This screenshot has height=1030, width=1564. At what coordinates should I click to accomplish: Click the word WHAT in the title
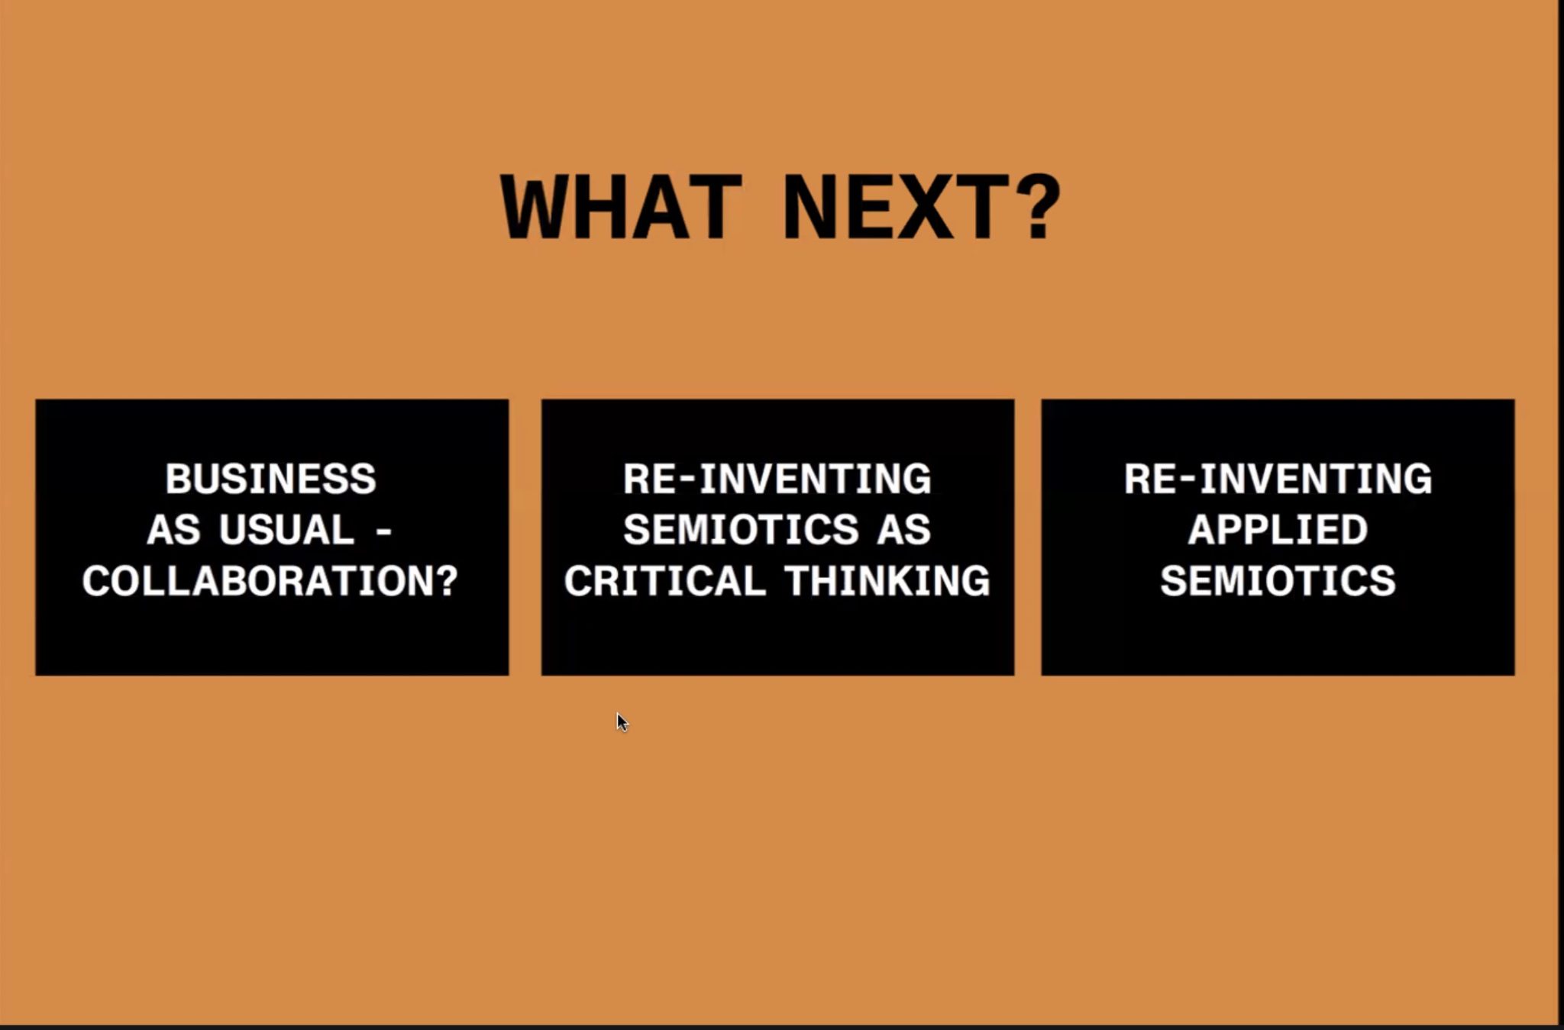pyautogui.click(x=621, y=207)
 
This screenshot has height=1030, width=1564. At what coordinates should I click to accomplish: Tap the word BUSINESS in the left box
pyautogui.click(x=271, y=479)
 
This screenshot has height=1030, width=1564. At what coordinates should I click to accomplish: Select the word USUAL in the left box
pyautogui.click(x=287, y=530)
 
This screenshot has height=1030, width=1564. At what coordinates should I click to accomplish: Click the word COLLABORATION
pyautogui.click(x=260, y=581)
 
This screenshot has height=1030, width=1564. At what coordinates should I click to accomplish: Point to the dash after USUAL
pyautogui.click(x=384, y=531)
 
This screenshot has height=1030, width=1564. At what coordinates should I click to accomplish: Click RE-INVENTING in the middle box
pyautogui.click(x=777, y=479)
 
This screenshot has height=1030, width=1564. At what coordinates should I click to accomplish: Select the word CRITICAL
pyautogui.click(x=664, y=581)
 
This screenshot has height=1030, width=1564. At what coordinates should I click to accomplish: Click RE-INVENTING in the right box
pyautogui.click(x=1278, y=479)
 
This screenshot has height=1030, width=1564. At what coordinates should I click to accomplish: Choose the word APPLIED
pyautogui.click(x=1278, y=530)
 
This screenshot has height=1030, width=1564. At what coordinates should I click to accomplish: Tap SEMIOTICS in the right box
pyautogui.click(x=1278, y=581)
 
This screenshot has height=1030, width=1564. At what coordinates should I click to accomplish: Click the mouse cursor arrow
pyautogui.click(x=622, y=722)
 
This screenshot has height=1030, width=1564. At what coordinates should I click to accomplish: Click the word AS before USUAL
pyautogui.click(x=173, y=530)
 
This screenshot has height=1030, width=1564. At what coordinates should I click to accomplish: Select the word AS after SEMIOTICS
pyautogui.click(x=904, y=530)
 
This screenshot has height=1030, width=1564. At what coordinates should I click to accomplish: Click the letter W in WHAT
pyautogui.click(x=535, y=207)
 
